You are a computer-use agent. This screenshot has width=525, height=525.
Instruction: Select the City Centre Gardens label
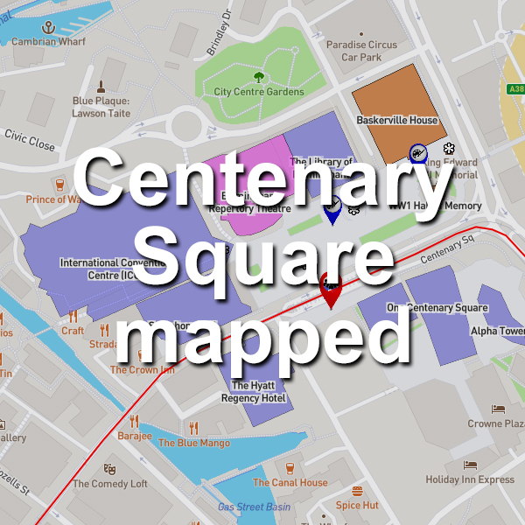[259, 92]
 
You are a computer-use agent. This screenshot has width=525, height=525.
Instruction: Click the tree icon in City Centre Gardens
[259, 75]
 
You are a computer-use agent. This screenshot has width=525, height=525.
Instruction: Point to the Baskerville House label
[396, 120]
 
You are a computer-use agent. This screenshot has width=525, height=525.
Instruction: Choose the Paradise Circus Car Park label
[361, 51]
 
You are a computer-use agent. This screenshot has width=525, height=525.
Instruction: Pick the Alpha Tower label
[497, 332]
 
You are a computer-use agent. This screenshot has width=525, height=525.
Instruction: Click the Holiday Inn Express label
[470, 479]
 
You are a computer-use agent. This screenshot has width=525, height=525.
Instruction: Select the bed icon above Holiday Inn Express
[470, 465]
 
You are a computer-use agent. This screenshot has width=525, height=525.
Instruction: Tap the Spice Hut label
[357, 505]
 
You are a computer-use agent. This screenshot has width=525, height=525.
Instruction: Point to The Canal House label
[290, 482]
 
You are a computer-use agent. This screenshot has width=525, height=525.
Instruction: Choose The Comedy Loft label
[110, 484]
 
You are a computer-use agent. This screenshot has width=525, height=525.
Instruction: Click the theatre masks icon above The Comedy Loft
[109, 468]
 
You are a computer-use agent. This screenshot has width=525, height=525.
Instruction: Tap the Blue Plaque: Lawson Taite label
[101, 107]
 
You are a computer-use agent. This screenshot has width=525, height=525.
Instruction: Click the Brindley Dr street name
[217, 35]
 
